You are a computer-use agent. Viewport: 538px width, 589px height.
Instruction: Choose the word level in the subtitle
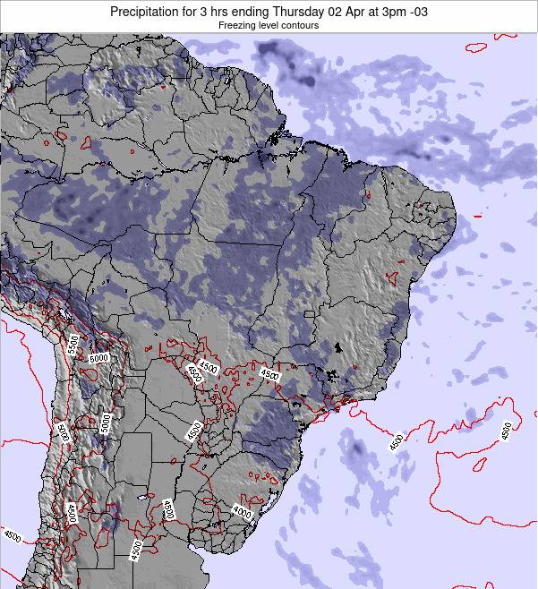tap(271, 26)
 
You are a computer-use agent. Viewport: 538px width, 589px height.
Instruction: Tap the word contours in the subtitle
tap(302, 26)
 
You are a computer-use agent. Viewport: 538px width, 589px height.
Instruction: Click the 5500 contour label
tap(74, 344)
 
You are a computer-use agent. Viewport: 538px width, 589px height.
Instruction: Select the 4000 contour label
tap(242, 511)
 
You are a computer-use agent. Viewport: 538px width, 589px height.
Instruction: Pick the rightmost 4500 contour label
tap(508, 431)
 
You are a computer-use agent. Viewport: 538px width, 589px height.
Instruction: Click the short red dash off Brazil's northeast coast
tap(477, 217)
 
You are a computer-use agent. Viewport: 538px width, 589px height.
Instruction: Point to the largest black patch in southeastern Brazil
tap(338, 347)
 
